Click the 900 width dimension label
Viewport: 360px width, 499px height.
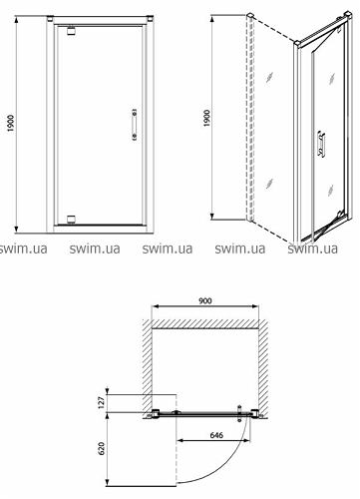(205, 300)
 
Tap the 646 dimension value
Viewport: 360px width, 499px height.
(216, 435)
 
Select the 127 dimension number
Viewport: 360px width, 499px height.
(102, 402)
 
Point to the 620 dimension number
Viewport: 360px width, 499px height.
(102, 448)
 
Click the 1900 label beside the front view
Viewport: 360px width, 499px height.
(11, 123)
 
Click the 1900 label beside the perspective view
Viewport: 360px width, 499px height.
(206, 118)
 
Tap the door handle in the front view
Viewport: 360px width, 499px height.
(135, 125)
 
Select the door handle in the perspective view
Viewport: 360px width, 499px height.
(321, 144)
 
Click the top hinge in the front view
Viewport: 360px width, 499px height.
(71, 30)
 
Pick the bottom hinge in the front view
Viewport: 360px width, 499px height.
(71, 220)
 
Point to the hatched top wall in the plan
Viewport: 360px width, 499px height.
(205, 324)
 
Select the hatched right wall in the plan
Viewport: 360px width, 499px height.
(263, 367)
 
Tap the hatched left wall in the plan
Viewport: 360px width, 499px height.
(148, 365)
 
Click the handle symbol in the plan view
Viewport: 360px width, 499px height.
(239, 413)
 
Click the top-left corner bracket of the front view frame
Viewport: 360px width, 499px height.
(50, 18)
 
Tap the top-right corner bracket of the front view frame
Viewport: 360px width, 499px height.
(150, 18)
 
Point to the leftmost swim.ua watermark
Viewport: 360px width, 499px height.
(23, 249)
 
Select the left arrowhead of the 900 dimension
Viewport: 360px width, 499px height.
(155, 306)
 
